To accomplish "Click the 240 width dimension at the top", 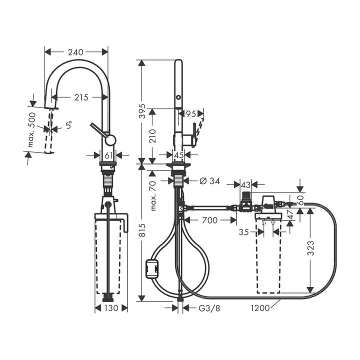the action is coord(75,52).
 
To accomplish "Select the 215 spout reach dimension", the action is coord(81,97).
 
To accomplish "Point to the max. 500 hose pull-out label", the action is coord(31,129).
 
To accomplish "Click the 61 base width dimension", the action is coord(108,155).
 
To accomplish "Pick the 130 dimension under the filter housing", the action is coord(111,308).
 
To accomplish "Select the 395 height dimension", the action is coord(143,111).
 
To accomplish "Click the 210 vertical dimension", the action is coord(152,136).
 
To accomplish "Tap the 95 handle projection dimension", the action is coord(191,113).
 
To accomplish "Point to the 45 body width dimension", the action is coord(178,155).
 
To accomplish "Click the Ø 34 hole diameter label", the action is coord(209,181).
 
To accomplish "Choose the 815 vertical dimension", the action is coord(143,230).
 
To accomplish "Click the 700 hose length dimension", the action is coord(210,220).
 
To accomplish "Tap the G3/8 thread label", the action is coord(209,308).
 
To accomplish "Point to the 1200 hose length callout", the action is coord(260,308).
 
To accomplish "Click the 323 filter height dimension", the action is coord(310,248).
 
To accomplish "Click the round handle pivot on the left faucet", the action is coord(110,140).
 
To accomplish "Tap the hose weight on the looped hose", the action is coord(152,268).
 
